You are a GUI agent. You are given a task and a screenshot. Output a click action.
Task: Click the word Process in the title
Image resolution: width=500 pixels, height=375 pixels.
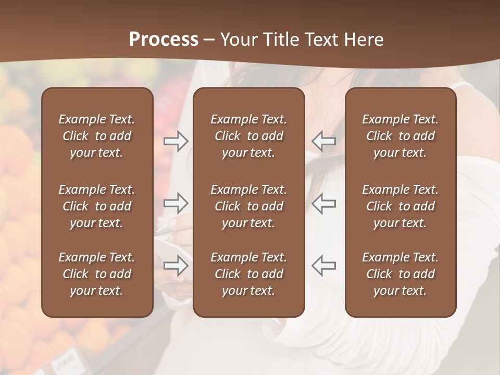pos(164,40)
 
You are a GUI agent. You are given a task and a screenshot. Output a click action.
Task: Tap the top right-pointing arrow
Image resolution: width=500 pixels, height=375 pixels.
pos(176,141)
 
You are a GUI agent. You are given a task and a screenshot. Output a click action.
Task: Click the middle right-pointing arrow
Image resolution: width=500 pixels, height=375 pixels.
pos(176,203)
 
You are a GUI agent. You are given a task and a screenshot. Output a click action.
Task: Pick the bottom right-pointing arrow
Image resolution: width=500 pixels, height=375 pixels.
pos(176,265)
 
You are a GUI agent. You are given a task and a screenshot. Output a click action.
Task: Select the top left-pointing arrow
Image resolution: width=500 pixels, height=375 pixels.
pos(324,141)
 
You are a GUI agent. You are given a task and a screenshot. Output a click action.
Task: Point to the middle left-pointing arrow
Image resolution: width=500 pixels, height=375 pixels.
pos(324,203)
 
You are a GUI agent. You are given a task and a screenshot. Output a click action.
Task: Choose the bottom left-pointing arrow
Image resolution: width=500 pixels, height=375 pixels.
pos(324,265)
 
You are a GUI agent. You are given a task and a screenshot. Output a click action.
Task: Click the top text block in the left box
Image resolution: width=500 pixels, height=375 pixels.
pos(97,136)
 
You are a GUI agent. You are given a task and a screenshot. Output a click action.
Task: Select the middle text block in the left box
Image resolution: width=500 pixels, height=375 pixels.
pos(97,206)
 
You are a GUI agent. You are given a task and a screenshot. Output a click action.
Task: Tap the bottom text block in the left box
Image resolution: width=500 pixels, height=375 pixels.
pos(97,274)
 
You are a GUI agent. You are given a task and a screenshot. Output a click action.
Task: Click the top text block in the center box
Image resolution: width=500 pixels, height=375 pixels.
pos(248,136)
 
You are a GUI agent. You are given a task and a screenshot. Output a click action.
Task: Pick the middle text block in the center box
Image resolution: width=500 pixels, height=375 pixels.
pos(248,206)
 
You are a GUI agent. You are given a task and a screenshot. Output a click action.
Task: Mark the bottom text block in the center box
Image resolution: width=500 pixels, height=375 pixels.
pos(248,274)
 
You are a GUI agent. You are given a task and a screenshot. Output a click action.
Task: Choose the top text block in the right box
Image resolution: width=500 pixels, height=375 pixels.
pos(400,136)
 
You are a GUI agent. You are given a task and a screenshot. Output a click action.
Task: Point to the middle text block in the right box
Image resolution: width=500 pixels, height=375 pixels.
pos(400,206)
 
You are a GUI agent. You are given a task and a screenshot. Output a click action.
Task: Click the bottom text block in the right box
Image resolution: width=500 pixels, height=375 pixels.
pos(400,274)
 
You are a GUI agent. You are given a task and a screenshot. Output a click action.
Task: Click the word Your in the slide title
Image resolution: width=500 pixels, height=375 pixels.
pos(237,40)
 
